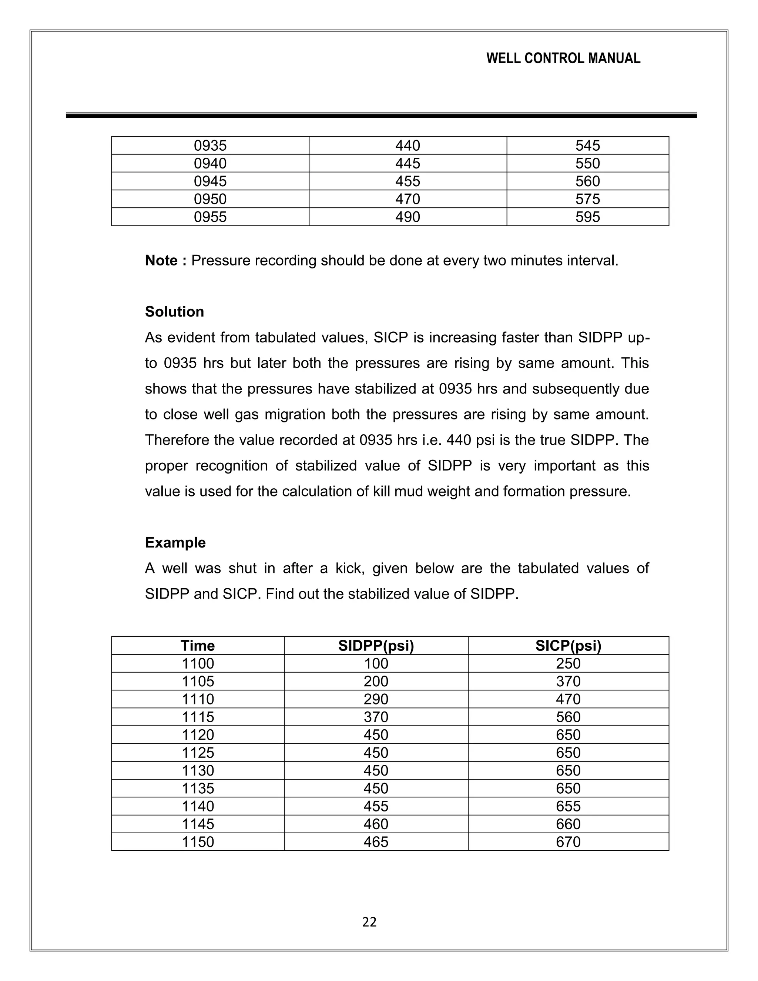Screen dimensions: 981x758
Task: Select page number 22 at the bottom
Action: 369,922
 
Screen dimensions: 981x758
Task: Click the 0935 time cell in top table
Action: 210,145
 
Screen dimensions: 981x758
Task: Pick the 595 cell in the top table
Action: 587,217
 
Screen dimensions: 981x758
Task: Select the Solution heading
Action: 174,312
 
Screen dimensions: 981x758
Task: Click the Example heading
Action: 175,543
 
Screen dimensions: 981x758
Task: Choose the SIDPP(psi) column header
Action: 376,646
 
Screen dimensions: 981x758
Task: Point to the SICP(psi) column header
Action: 568,646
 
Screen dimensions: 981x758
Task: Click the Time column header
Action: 198,646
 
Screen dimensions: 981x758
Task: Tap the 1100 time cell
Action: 198,663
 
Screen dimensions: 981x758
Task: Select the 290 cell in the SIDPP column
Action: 376,699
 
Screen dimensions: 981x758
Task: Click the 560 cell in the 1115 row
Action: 568,717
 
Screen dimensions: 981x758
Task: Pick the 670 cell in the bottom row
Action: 568,842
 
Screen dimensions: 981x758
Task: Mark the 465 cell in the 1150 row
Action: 376,842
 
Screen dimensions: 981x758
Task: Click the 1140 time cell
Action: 198,806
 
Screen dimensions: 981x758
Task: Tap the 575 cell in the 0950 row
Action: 587,199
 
